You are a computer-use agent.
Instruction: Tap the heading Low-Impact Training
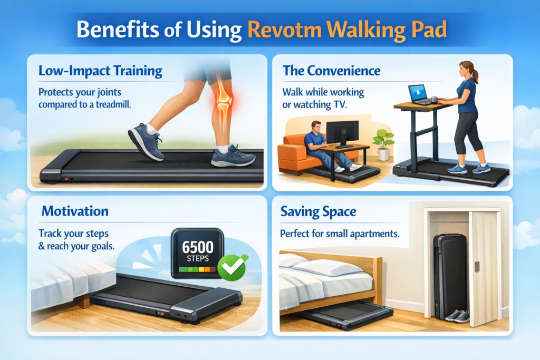click(x=101, y=70)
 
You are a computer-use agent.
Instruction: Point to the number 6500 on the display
click(x=197, y=247)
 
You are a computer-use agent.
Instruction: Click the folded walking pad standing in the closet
click(x=449, y=274)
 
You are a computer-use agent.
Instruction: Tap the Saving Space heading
click(x=318, y=212)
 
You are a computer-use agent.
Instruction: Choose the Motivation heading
click(x=75, y=212)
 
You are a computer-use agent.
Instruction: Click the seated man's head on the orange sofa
click(x=316, y=128)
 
